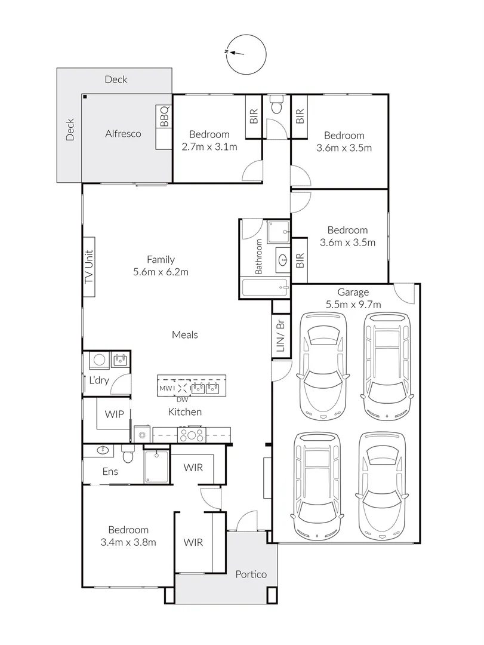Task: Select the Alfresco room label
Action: pyautogui.click(x=123, y=134)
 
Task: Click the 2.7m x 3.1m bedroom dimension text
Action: pyautogui.click(x=209, y=147)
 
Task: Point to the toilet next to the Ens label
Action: pyautogui.click(x=127, y=455)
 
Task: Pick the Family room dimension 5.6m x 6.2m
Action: pyautogui.click(x=161, y=272)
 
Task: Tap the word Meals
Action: pyautogui.click(x=184, y=335)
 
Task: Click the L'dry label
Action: pyautogui.click(x=98, y=380)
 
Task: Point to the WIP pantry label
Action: pyautogui.click(x=115, y=413)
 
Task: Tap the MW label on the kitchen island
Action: pyautogui.click(x=165, y=389)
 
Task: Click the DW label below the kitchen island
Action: pyautogui.click(x=182, y=400)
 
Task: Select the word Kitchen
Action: pyautogui.click(x=184, y=412)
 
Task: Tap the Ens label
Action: pyautogui.click(x=110, y=472)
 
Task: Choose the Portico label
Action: pyautogui.click(x=251, y=575)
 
